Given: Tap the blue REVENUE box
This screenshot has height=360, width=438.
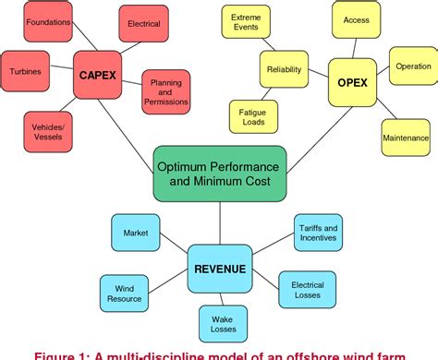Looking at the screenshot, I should click(x=220, y=269).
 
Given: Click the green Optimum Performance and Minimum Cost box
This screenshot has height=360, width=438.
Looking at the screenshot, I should click(x=219, y=171).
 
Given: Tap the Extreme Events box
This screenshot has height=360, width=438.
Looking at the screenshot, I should click(x=246, y=24).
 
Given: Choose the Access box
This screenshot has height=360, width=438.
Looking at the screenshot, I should click(x=357, y=20).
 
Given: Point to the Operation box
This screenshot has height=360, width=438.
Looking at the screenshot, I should click(x=412, y=66).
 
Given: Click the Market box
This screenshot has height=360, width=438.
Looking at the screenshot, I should click(x=136, y=233).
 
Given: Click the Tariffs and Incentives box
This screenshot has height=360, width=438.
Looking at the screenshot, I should click(x=317, y=234).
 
